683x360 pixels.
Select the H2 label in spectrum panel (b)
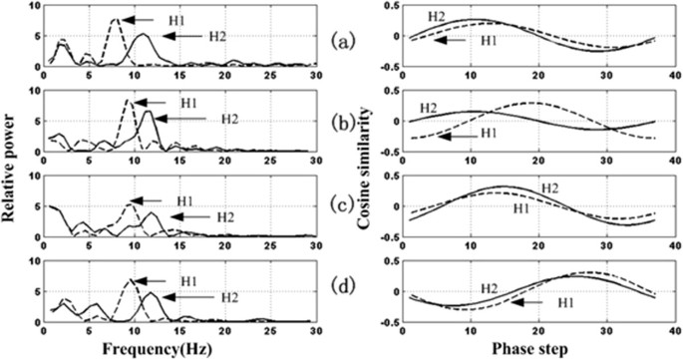230,119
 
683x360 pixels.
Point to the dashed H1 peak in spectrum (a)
117,20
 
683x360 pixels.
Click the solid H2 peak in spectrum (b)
148,112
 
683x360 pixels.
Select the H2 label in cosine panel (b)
429,107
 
